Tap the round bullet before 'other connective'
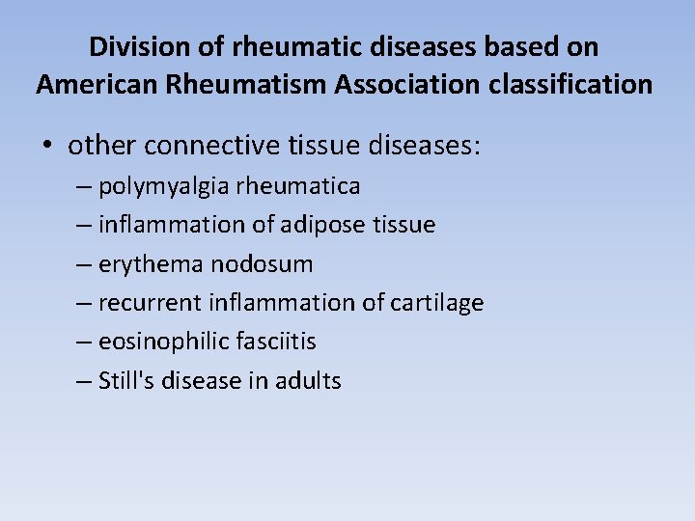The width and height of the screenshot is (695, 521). pyautogui.click(x=47, y=146)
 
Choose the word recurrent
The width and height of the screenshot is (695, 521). pyautogui.click(x=147, y=303)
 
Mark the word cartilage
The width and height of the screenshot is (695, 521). pyautogui.click(x=437, y=303)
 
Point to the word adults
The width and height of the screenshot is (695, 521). pyautogui.click(x=308, y=380)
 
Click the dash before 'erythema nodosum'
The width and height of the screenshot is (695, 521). pyautogui.click(x=84, y=264)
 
